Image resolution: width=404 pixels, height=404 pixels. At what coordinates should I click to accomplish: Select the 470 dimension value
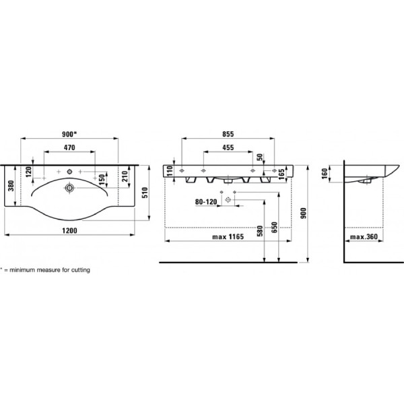click(69, 147)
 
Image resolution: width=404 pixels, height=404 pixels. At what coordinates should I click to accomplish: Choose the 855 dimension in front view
click(228, 133)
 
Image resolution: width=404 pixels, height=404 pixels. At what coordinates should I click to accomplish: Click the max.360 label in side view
click(364, 238)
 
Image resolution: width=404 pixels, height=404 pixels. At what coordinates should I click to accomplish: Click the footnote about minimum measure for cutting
click(45, 269)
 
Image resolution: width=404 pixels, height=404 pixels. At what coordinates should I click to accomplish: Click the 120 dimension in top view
click(28, 172)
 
